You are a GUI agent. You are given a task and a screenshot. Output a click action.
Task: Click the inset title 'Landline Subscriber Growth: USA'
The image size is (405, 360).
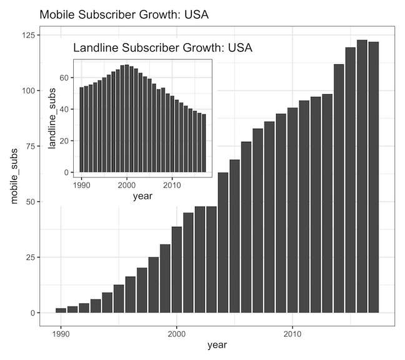coord(162,48)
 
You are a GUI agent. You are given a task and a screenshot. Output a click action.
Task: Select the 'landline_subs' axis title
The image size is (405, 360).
coord(53,118)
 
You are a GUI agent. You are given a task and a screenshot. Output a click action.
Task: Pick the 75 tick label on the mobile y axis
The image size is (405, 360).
coord(27,146)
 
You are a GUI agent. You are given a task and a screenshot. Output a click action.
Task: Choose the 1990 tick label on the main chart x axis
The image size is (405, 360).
coord(61,332)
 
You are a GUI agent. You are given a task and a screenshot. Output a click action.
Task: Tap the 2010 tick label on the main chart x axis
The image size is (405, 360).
coord(292,332)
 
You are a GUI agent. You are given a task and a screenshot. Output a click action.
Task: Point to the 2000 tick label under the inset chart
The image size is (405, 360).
coord(127,185)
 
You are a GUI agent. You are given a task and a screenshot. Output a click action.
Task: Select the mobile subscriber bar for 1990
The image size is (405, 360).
coord(61,310)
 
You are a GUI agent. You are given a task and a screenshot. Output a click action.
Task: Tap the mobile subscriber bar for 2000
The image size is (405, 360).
coord(177,269)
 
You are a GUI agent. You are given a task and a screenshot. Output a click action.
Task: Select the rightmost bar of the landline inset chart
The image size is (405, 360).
coord(204,143)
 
